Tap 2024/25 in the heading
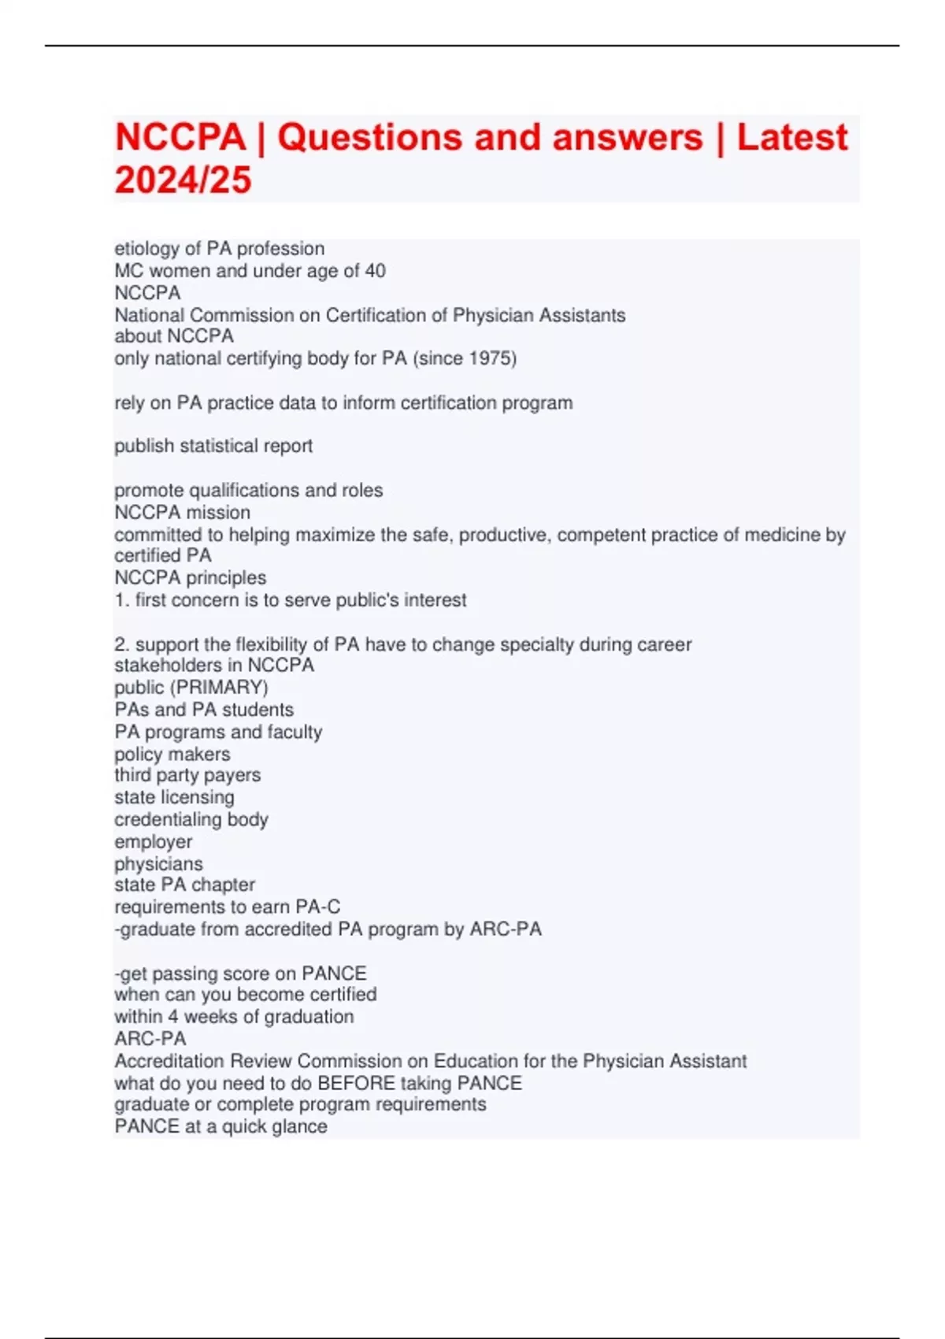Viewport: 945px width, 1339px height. [x=183, y=180]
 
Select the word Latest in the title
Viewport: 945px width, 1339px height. [x=792, y=138]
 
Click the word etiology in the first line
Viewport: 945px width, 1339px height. [x=146, y=249]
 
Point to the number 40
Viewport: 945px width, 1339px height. [x=375, y=271]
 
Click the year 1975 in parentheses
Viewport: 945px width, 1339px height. [x=490, y=358]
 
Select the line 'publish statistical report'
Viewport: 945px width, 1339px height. [x=213, y=446]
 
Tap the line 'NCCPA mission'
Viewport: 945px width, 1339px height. [x=182, y=512]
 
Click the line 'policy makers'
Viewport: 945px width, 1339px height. [x=172, y=754]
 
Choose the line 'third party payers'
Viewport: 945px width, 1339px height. [x=187, y=775]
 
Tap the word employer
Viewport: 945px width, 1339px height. [x=153, y=841]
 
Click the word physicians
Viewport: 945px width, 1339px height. [x=158, y=863]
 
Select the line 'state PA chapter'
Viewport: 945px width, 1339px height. [x=184, y=885]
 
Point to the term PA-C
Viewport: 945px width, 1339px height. [x=317, y=907]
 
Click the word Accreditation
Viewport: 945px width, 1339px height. [x=169, y=1061]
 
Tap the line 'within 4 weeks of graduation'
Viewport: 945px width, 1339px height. [x=234, y=1017]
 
